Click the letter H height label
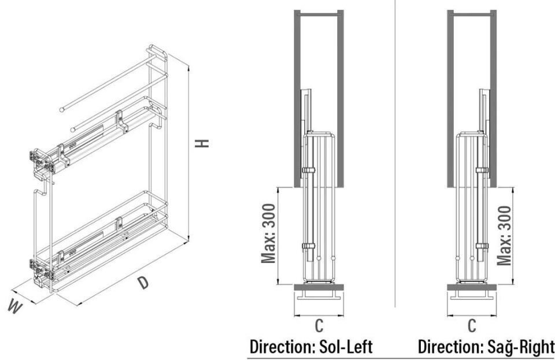coord(202,142)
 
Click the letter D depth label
coord(142,283)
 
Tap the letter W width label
coord(16,307)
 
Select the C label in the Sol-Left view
coord(319,326)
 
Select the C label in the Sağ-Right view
coord(472,326)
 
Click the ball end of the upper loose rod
coord(61,109)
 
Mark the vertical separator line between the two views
coord(395,173)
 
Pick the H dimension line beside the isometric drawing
coord(188,150)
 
